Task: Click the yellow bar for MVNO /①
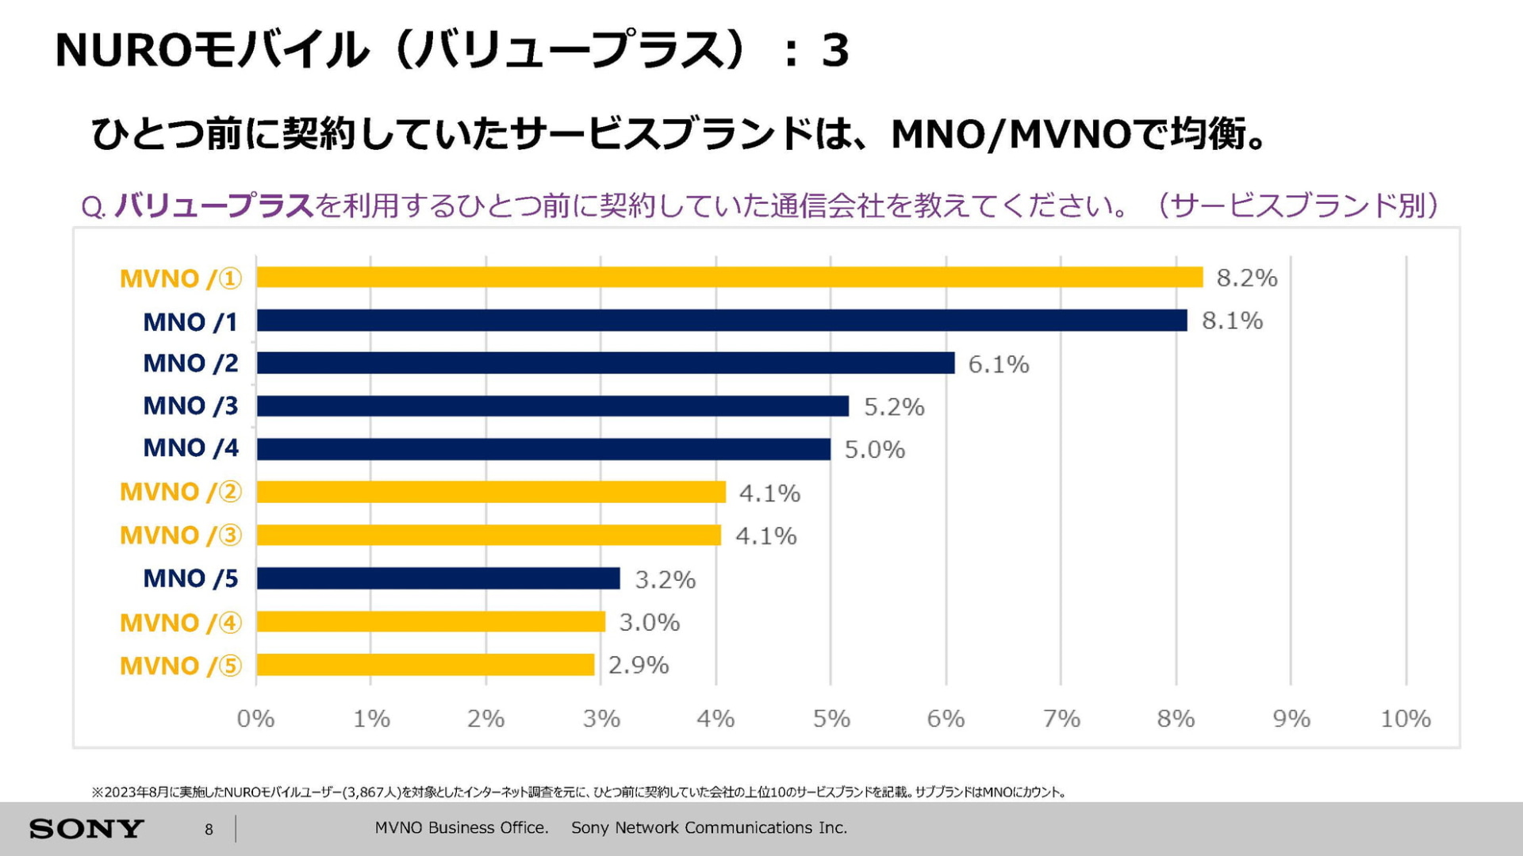tap(730, 278)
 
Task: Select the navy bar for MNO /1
tap(722, 321)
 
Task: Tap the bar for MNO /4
tap(543, 449)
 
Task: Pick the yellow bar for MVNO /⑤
tap(425, 665)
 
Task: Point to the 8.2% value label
tap(1246, 278)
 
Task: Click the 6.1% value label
tap(998, 364)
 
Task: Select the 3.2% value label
tap(665, 580)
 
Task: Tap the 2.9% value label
tap(638, 666)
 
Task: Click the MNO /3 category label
tap(190, 406)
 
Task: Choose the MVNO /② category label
tap(181, 492)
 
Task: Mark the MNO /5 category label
tap(190, 578)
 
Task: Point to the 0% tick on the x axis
tap(255, 719)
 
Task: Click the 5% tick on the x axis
tap(831, 719)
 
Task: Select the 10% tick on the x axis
tap(1405, 719)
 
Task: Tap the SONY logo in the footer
tap(86, 829)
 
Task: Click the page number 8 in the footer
tap(209, 830)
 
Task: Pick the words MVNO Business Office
tap(462, 827)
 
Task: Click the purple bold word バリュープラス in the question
tap(214, 206)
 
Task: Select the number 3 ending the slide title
tap(834, 51)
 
